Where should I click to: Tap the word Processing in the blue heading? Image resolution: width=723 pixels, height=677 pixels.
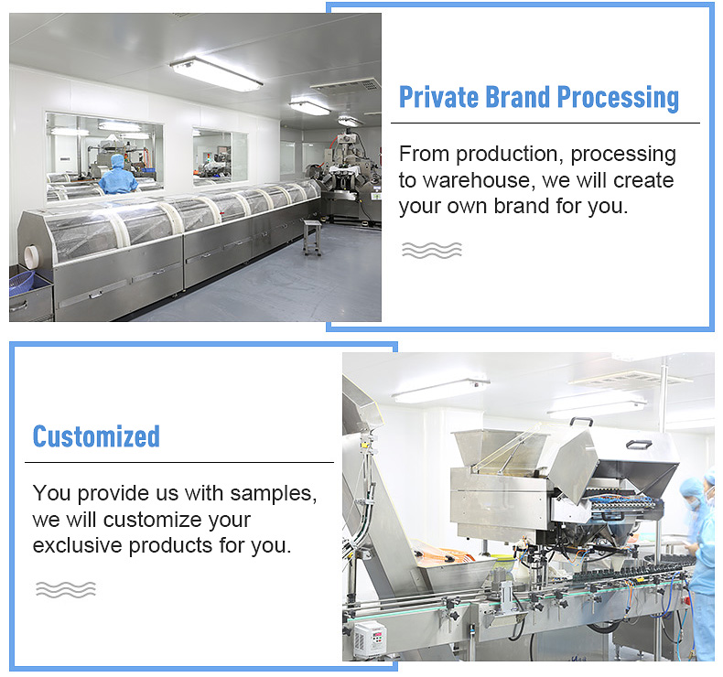(x=618, y=98)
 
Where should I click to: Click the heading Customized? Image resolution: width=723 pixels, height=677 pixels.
(x=96, y=436)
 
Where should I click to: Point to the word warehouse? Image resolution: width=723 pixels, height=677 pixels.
(x=479, y=180)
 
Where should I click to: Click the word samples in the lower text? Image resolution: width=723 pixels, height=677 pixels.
(x=274, y=494)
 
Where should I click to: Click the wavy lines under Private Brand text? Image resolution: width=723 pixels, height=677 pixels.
(x=432, y=250)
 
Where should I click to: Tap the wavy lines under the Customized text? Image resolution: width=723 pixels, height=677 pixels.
(x=66, y=589)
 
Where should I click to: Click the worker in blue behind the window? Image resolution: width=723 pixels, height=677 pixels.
(x=117, y=175)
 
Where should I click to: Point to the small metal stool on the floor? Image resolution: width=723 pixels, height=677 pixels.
(x=312, y=237)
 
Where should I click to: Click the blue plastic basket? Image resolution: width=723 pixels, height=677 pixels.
(x=21, y=282)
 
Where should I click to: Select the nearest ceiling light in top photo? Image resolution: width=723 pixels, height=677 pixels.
(x=216, y=74)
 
